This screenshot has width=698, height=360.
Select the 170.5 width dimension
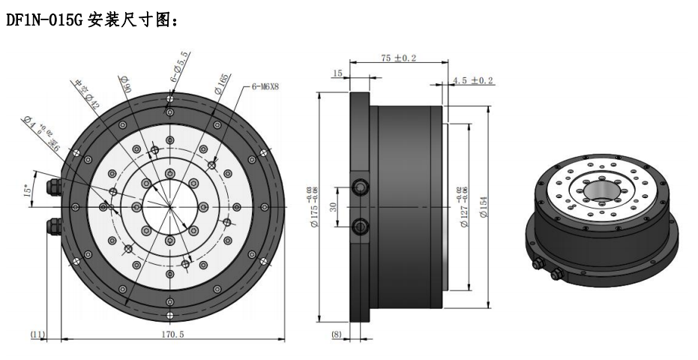172,335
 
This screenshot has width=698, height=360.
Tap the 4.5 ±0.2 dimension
474,80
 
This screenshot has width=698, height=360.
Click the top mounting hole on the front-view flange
171,97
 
